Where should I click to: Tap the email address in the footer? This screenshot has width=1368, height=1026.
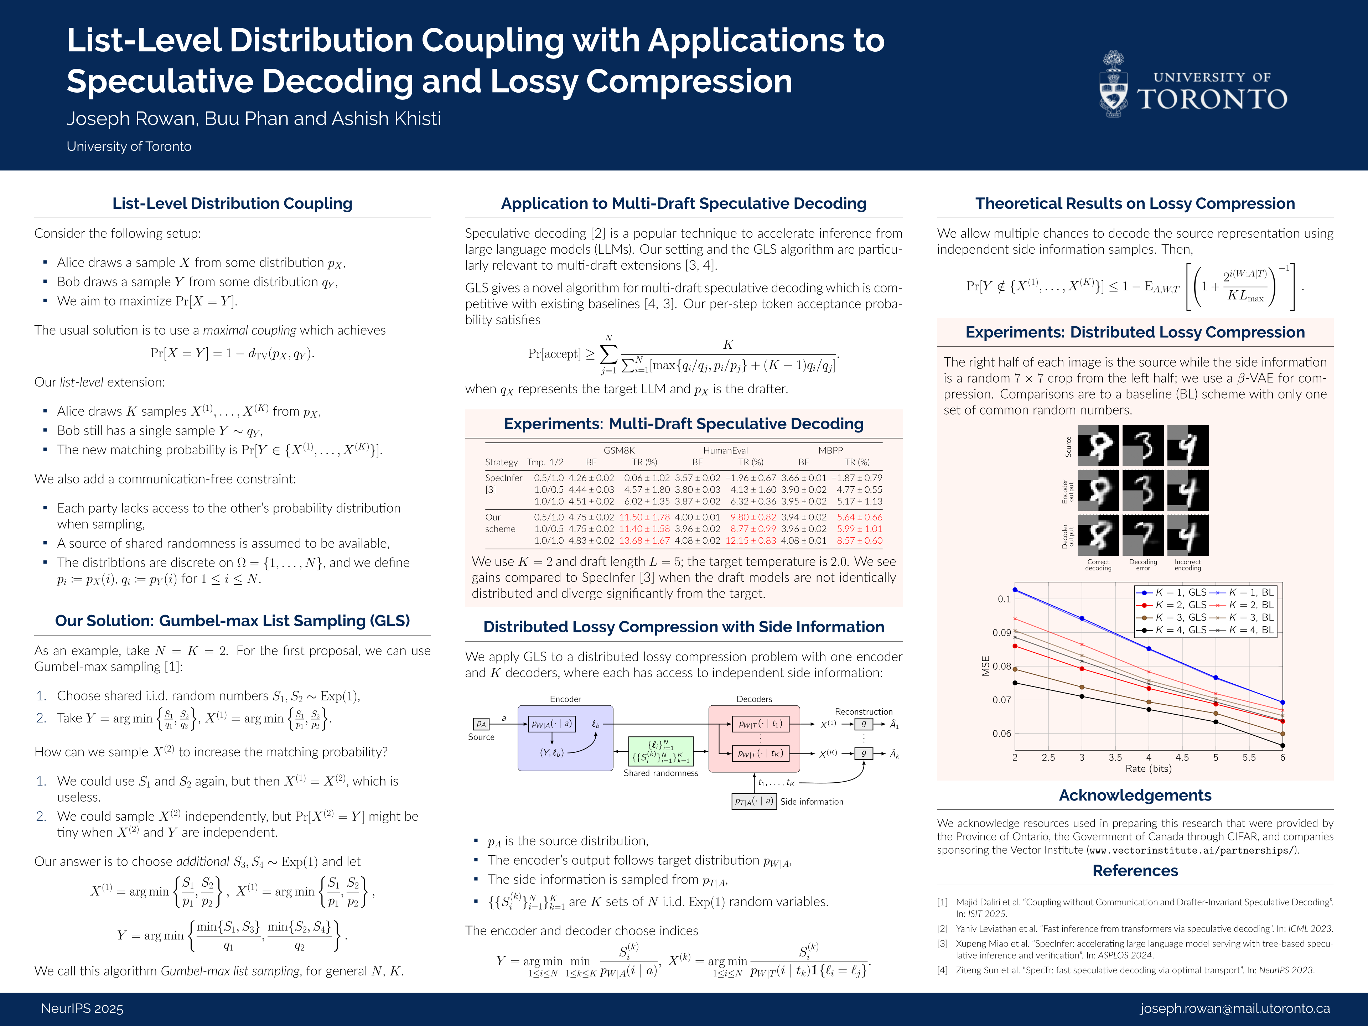click(x=1234, y=1009)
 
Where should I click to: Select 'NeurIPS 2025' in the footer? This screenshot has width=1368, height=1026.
click(x=82, y=1009)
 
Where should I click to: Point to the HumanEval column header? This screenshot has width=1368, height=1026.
click(x=725, y=450)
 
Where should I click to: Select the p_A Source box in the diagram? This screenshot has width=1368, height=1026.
click(x=481, y=724)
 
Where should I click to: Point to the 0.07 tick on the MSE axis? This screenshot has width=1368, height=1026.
click(x=1001, y=700)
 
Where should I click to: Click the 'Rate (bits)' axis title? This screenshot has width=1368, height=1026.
click(x=1149, y=769)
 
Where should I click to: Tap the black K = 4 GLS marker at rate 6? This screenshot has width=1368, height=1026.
click(x=1282, y=746)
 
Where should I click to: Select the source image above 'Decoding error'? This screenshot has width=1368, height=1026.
click(x=1143, y=445)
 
